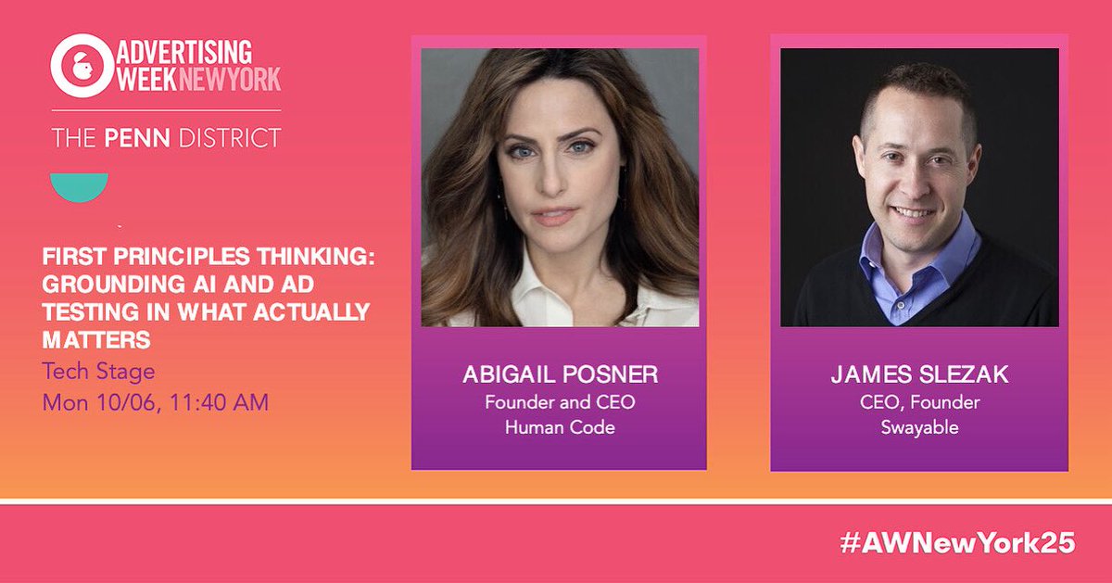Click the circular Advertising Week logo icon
[x=80, y=66]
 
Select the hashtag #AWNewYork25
[x=956, y=544]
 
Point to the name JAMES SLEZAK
[x=918, y=376]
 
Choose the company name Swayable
[x=918, y=427]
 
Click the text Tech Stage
[x=98, y=373]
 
